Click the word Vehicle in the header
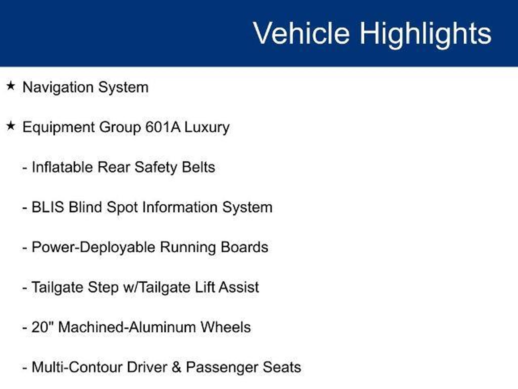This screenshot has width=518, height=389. pos(301,33)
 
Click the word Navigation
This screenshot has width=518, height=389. pos(58,88)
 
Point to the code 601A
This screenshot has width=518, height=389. pos(163,127)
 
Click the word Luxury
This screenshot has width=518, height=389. pos(207,128)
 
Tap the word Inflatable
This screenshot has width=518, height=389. pos(62,167)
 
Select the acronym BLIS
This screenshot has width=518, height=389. pos(48,207)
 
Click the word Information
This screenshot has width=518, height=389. pos(180,207)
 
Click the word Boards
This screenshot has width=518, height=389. pos(244,247)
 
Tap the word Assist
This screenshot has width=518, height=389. pos(239,287)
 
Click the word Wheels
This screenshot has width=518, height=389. pos(226,327)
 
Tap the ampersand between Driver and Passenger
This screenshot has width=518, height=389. pos(177,367)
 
